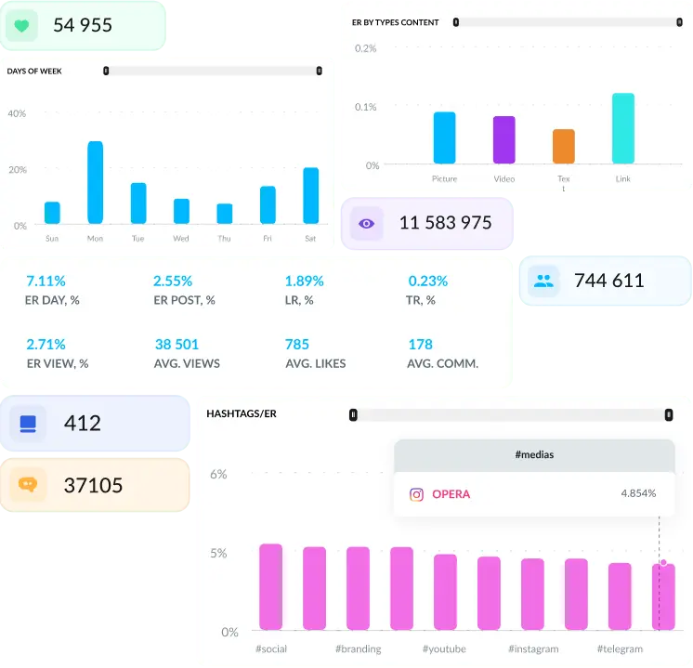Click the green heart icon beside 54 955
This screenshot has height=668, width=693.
21,26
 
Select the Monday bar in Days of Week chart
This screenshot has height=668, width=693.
95,182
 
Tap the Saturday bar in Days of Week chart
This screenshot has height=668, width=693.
311,195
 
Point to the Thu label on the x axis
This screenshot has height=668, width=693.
224,239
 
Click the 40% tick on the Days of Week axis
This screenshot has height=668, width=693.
17,113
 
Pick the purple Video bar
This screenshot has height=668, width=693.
503,139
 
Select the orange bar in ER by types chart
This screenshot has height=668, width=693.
564,146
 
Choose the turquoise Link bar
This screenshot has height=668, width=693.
623,128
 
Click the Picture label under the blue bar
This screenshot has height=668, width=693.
444,178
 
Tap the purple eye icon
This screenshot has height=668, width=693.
366,224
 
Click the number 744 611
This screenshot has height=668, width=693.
608,281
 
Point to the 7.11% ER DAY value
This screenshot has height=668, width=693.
46,281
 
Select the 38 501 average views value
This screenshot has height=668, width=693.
177,344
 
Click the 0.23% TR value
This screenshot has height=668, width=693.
427,281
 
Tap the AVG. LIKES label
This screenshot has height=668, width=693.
315,363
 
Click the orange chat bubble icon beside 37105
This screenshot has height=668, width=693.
27,485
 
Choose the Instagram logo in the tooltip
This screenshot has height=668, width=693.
416,494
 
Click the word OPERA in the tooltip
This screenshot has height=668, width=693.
451,494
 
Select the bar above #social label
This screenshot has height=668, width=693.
270,587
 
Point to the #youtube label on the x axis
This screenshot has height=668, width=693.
444,648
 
